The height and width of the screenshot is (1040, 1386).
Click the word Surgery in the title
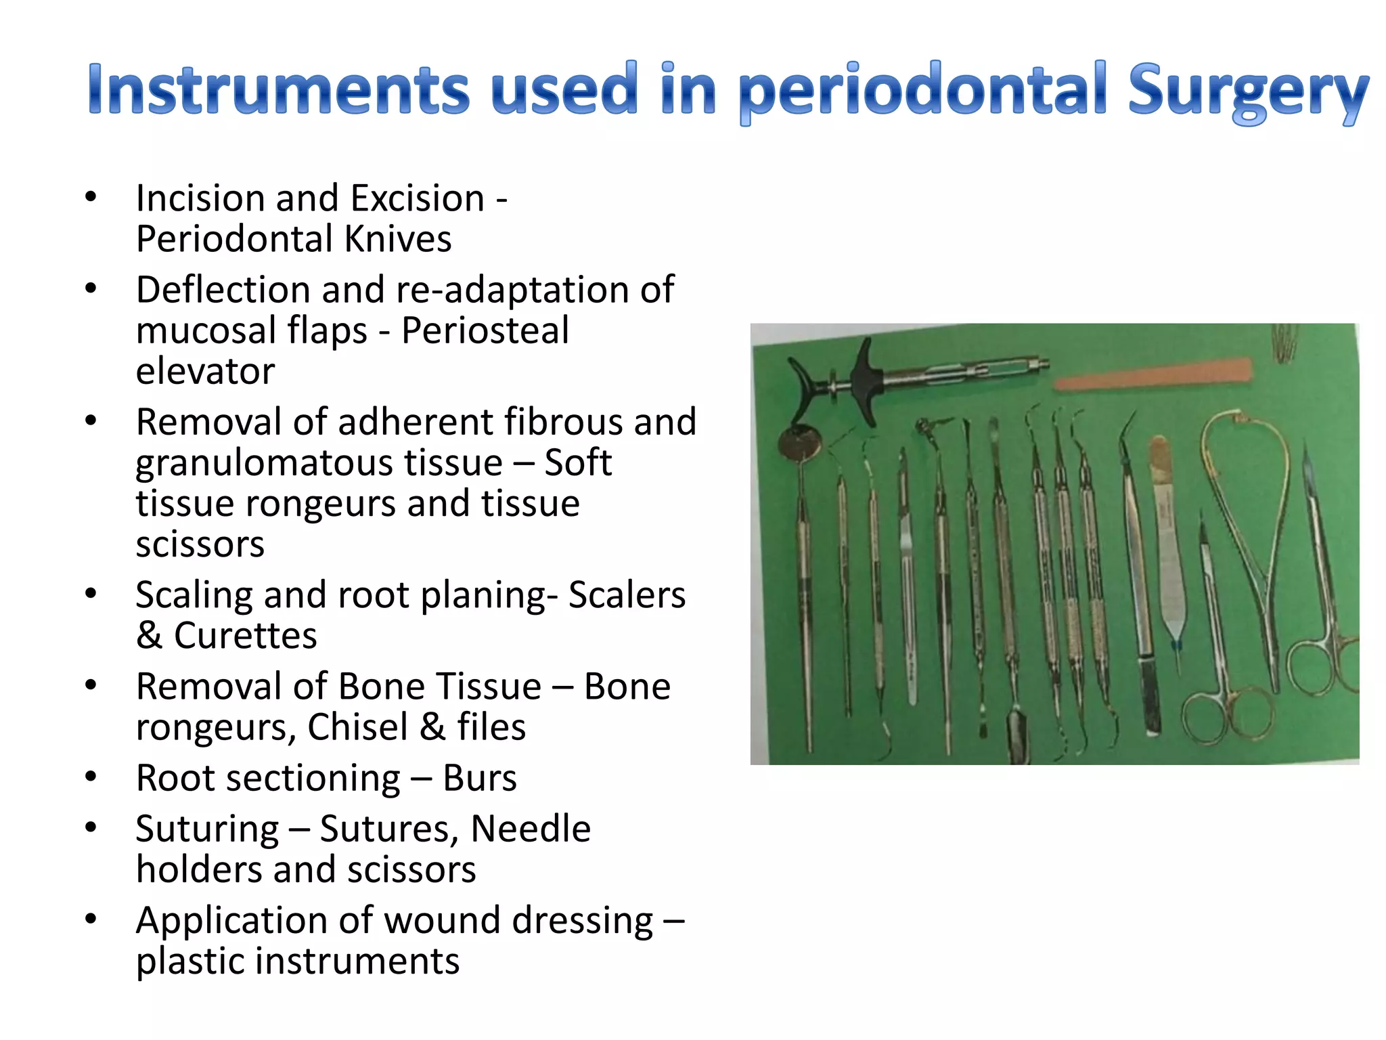(1247, 91)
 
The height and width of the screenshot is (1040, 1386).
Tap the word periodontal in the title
(922, 91)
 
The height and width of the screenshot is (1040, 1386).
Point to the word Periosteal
(485, 330)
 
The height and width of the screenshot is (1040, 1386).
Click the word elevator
(205, 371)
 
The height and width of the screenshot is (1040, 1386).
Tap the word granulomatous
(319, 463)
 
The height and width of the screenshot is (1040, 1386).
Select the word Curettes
(245, 636)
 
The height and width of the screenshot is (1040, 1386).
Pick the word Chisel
(357, 727)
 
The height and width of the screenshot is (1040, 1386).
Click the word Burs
(480, 778)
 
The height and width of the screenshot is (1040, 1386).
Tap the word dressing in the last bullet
(583, 921)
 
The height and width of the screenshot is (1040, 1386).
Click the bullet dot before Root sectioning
(91, 777)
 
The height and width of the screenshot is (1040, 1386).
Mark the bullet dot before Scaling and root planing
(91, 594)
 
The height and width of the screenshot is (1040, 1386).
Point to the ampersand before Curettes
(149, 636)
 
